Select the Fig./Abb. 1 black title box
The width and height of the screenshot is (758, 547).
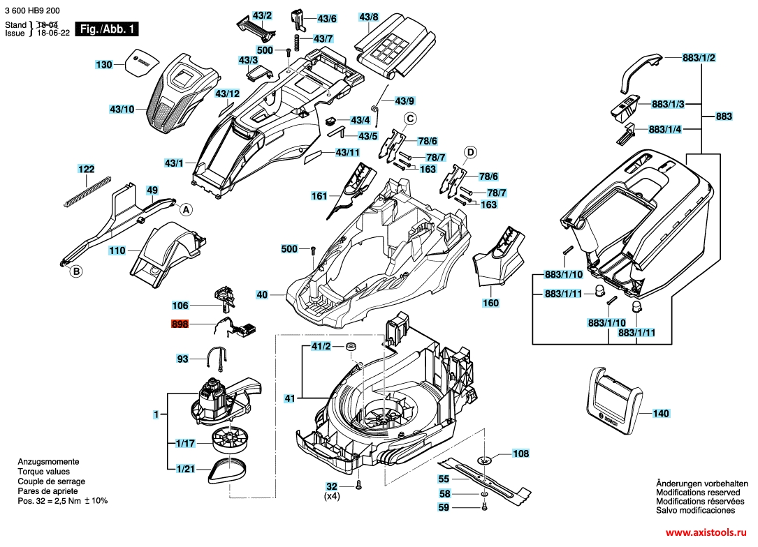pyautogui.click(x=109, y=29)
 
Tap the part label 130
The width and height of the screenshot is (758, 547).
pyautogui.click(x=104, y=65)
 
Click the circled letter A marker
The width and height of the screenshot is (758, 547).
pyautogui.click(x=186, y=209)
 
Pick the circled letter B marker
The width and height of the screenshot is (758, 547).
pyautogui.click(x=77, y=272)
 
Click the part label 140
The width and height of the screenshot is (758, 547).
pyautogui.click(x=660, y=414)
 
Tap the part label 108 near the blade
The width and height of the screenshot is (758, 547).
pyautogui.click(x=521, y=454)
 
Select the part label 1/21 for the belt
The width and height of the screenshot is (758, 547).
pyautogui.click(x=186, y=469)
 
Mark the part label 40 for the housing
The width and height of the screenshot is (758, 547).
pyautogui.click(x=262, y=295)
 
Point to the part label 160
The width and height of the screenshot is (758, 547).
pyautogui.click(x=491, y=304)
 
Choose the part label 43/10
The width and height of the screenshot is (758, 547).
pyautogui.click(x=122, y=109)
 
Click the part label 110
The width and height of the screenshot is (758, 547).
pyautogui.click(x=117, y=250)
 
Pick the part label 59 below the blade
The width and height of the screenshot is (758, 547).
pyautogui.click(x=444, y=508)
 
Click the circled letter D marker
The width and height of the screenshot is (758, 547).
pyautogui.click(x=471, y=152)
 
